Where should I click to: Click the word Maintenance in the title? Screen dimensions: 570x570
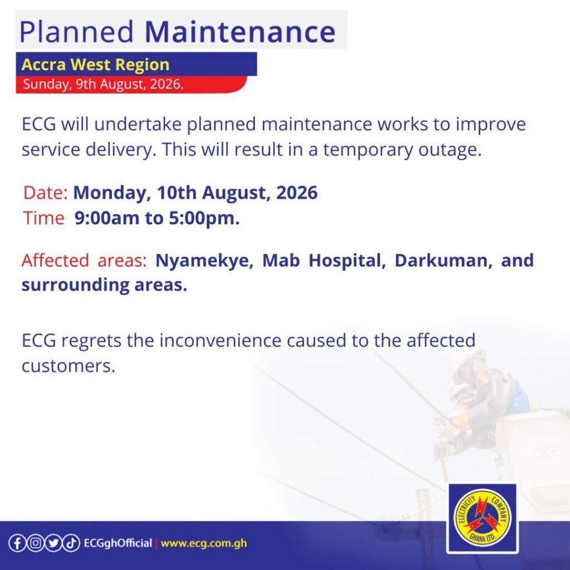(240, 32)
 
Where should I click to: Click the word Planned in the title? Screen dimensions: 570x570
(76, 32)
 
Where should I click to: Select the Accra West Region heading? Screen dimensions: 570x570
(95, 65)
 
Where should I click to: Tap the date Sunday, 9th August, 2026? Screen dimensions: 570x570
(103, 84)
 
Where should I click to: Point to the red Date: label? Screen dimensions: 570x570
(46, 192)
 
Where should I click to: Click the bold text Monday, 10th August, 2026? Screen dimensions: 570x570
(195, 193)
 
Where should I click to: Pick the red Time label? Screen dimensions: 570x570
(43, 218)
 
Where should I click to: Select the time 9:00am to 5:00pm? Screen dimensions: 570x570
(157, 218)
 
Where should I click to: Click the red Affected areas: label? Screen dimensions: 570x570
(84, 261)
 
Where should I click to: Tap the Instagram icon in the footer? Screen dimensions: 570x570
(35, 543)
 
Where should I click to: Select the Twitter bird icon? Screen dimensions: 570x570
(53, 543)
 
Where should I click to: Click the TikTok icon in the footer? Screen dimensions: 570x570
(71, 543)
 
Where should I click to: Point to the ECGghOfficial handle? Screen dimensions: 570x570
(118, 543)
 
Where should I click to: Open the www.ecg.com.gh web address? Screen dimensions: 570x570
(204, 543)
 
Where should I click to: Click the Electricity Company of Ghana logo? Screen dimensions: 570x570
(483, 518)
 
